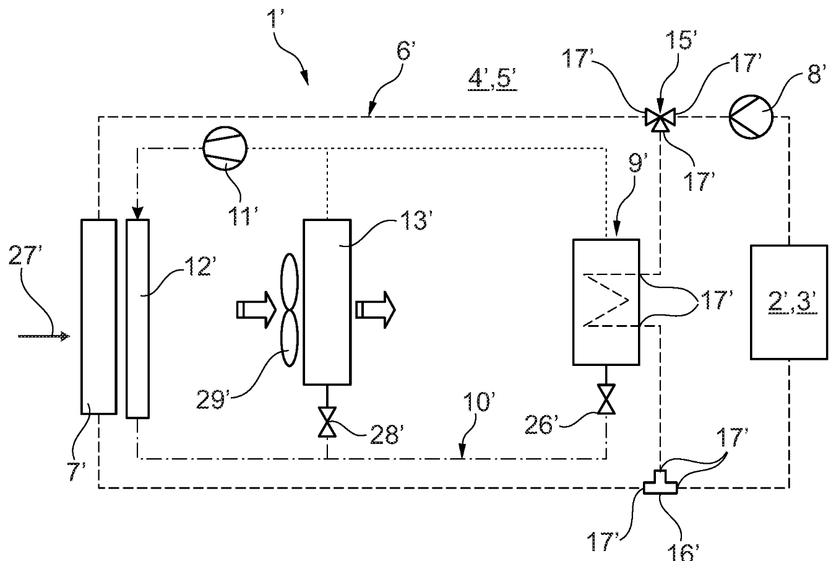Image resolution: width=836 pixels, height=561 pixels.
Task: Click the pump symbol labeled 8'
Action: click(749, 116)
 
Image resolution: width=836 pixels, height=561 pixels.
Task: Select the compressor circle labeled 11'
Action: click(225, 148)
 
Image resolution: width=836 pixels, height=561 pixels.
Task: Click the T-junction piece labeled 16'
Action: click(660, 486)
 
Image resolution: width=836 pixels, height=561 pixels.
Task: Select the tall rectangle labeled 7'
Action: click(98, 316)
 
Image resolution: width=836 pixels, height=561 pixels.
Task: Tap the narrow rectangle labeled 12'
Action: click(137, 319)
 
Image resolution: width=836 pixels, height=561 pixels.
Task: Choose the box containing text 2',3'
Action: click(788, 302)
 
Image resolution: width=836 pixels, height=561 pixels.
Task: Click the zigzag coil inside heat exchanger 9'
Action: click(610, 301)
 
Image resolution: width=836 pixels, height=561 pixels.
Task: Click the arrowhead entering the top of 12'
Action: click(137, 213)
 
